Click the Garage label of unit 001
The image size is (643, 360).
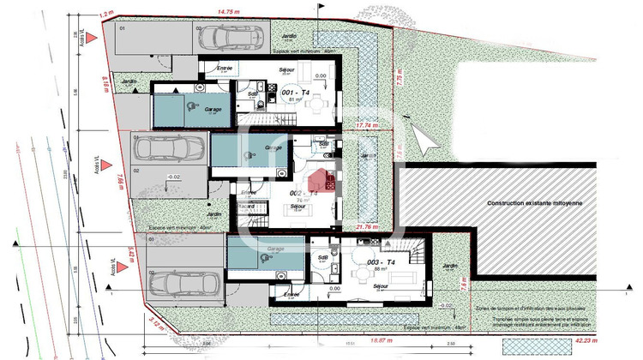213,110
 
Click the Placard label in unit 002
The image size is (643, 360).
246,207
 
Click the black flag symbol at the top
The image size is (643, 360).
321,7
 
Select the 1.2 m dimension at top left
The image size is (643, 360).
106,14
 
